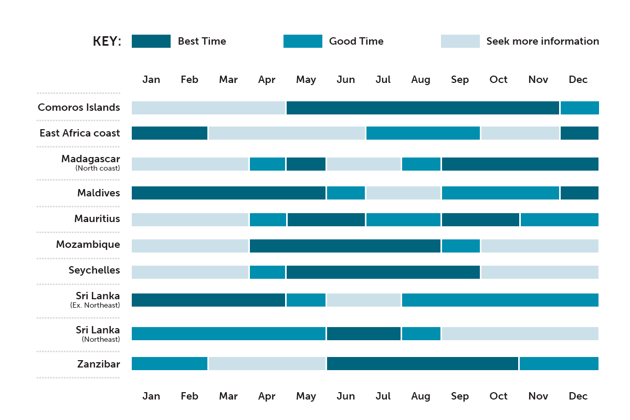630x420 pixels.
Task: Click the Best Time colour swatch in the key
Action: tap(151, 41)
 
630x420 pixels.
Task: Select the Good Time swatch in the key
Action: tap(302, 41)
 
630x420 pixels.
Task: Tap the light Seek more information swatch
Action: tap(460, 41)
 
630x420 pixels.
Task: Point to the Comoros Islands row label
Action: tap(79, 107)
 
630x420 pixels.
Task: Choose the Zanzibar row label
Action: tap(99, 364)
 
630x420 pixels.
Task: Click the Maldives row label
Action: tap(99, 193)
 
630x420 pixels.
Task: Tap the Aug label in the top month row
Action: tap(421, 80)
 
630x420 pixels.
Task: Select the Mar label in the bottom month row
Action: tap(228, 396)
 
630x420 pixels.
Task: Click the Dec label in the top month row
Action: tap(578, 79)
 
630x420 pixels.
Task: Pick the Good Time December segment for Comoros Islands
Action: tap(580, 108)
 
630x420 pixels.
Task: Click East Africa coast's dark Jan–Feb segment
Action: tap(169, 133)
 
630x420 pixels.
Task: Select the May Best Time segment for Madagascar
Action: tap(306, 164)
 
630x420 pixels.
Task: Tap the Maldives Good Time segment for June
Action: tap(346, 193)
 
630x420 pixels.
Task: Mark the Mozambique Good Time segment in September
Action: tap(461, 246)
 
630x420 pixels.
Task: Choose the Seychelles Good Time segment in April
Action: tap(267, 272)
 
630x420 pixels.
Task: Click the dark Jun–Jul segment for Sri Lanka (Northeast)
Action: tap(364, 333)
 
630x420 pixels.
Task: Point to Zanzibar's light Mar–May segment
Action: tap(267, 363)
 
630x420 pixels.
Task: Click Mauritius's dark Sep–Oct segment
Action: tap(480, 219)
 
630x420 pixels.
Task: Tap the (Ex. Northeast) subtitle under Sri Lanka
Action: tap(95, 305)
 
